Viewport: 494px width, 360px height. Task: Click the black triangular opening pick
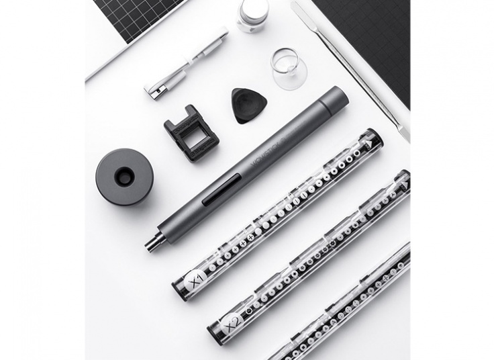coord(249,105)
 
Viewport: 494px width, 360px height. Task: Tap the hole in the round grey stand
coord(124,177)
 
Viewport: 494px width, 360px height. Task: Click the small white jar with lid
coord(253,15)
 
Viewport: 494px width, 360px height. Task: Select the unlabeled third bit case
coord(349,302)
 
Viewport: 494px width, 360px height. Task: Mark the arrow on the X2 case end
coord(404,181)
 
